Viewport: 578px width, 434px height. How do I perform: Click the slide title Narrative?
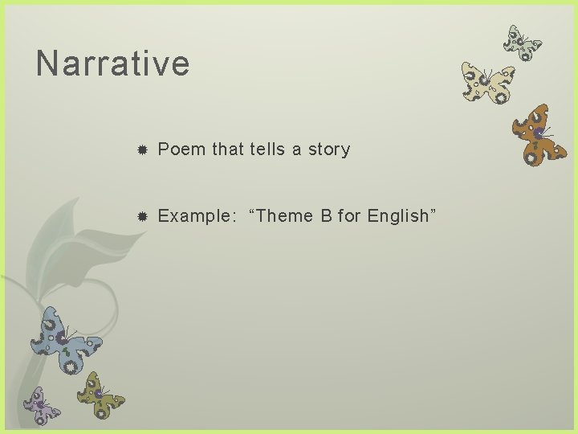(112, 63)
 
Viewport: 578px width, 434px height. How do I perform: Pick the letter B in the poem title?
(327, 216)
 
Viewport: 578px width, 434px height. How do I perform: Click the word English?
(398, 216)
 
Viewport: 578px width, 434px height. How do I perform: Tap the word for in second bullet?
(349, 216)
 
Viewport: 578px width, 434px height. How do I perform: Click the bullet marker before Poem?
(141, 150)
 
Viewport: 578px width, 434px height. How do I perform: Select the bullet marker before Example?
(141, 217)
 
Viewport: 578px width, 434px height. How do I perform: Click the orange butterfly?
(539, 134)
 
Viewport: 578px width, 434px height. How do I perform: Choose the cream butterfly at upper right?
(487, 84)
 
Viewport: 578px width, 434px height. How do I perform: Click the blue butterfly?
(66, 338)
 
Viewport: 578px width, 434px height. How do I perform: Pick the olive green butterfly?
(100, 395)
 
